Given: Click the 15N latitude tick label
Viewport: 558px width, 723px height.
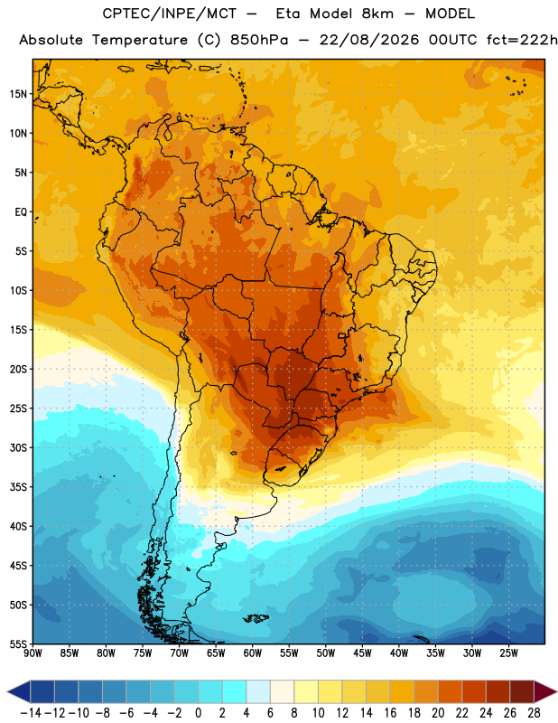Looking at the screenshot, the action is [x=18, y=94].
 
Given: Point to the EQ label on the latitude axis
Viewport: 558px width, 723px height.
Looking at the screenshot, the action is [x=21, y=212].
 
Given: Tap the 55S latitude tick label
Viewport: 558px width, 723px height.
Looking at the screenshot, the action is [x=18, y=643].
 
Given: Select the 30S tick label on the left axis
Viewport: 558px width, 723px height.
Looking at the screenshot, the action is [x=18, y=447].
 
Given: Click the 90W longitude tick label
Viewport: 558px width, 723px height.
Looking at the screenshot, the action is [x=33, y=653].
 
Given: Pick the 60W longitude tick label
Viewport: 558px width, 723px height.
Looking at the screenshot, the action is [x=253, y=653].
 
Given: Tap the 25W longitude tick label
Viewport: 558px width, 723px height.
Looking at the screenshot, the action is [x=508, y=653].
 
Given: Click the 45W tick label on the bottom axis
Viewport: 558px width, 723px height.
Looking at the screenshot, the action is [x=362, y=653].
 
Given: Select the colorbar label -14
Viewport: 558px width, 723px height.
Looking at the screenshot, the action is [x=31, y=713].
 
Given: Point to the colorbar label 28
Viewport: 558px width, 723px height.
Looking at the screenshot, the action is [x=534, y=713].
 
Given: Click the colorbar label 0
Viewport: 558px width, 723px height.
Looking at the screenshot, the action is [x=198, y=713].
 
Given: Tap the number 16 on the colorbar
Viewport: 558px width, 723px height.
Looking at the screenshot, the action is [x=390, y=713].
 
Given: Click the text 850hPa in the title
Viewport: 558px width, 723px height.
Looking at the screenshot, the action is [x=259, y=40].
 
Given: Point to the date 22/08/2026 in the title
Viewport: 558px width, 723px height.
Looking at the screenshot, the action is [x=369, y=40].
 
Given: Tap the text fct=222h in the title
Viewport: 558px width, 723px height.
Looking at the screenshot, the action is [x=522, y=40].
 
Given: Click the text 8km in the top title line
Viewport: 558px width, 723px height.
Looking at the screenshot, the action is [x=377, y=14].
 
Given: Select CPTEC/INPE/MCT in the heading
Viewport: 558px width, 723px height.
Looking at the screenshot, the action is [x=169, y=14].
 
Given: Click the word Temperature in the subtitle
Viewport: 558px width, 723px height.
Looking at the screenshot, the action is [x=140, y=41].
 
